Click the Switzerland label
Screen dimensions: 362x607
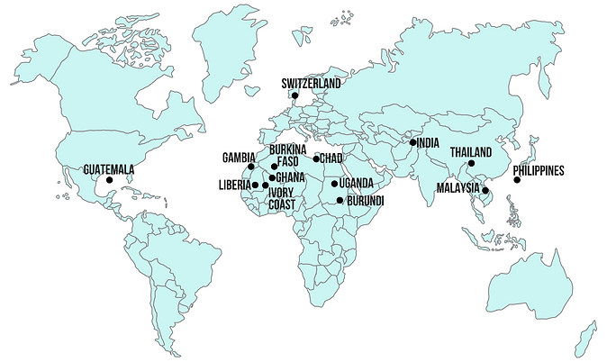[x=311, y=83]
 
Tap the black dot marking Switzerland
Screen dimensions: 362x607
[x=294, y=95]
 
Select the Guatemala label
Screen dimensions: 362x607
[x=108, y=168]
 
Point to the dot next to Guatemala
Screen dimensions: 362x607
[x=109, y=180]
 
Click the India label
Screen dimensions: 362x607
[x=428, y=142]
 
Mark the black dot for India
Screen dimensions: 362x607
[x=412, y=142]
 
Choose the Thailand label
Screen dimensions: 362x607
[x=471, y=151]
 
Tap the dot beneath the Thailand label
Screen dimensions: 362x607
[x=470, y=163]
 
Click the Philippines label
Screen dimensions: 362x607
[x=538, y=169]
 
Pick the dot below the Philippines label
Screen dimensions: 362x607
[x=517, y=180]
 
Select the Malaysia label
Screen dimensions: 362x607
[x=458, y=188]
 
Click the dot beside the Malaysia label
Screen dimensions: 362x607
[x=485, y=190]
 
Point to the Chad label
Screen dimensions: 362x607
[x=331, y=158]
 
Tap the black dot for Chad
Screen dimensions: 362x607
[x=316, y=158]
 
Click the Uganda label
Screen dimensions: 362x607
[x=357, y=184]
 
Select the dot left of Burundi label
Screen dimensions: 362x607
[x=340, y=200]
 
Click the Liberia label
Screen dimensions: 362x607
[x=234, y=186]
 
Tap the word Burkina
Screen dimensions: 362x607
[x=288, y=149]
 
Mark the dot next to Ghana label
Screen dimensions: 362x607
[x=272, y=177]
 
